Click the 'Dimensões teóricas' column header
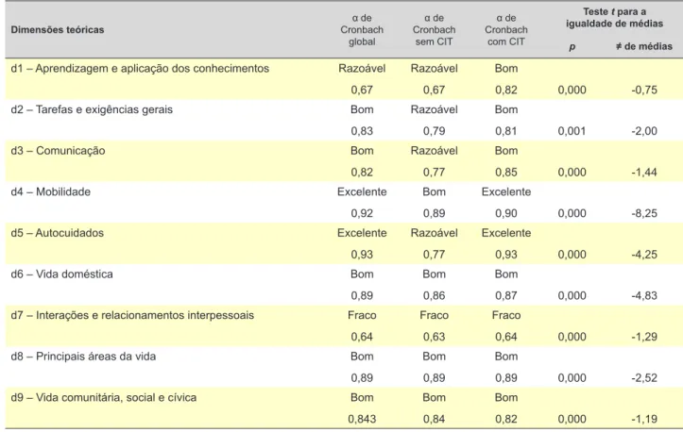(58, 30)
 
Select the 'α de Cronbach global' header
(362, 30)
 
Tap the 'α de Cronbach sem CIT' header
(434, 30)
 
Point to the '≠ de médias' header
(644, 46)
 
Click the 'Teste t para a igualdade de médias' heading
(615, 17)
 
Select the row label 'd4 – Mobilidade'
(50, 191)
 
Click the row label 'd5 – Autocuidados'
(57, 233)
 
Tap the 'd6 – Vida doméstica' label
(61, 274)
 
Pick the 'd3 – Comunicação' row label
(58, 151)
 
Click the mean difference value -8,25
(644, 213)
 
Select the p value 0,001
(572, 131)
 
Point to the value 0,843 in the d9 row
(362, 419)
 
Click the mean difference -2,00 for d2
(644, 131)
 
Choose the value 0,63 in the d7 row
(434, 337)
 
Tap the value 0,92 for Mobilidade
(362, 213)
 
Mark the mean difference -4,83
(644, 295)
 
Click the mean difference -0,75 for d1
(644, 90)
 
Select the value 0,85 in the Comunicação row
(506, 173)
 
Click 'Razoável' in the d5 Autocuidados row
(434, 233)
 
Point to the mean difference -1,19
(644, 419)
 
